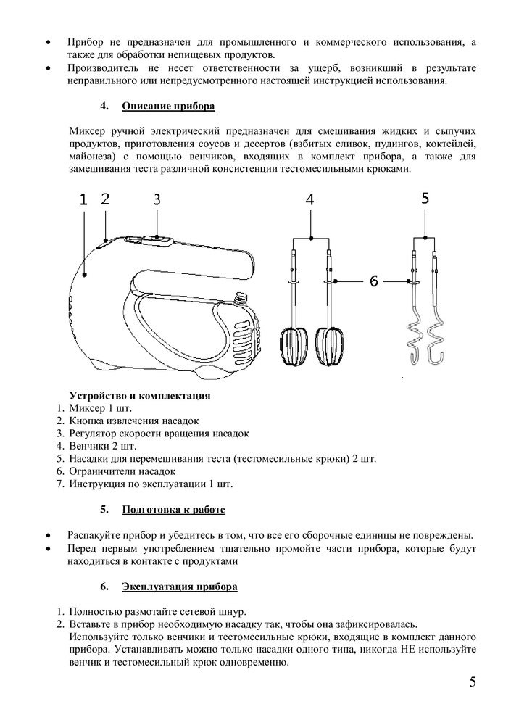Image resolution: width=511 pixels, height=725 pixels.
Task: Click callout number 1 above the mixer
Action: click(x=83, y=201)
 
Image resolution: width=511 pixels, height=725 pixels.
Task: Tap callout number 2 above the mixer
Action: click(x=105, y=199)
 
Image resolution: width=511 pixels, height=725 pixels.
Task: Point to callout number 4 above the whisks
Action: click(x=309, y=201)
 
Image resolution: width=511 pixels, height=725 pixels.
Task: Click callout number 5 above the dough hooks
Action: click(x=424, y=197)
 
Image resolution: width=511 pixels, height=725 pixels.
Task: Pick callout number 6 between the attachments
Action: click(x=374, y=281)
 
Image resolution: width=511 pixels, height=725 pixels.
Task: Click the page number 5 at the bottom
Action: click(x=473, y=682)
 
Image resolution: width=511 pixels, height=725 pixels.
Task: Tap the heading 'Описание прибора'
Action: click(x=168, y=107)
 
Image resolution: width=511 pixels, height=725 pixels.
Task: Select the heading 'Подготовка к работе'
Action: click(x=173, y=510)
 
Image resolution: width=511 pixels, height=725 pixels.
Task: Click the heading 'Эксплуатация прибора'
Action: click(x=179, y=586)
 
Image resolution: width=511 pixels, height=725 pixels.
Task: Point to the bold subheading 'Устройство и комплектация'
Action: click(x=139, y=396)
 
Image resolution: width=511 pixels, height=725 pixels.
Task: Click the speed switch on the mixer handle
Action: click(x=156, y=237)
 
